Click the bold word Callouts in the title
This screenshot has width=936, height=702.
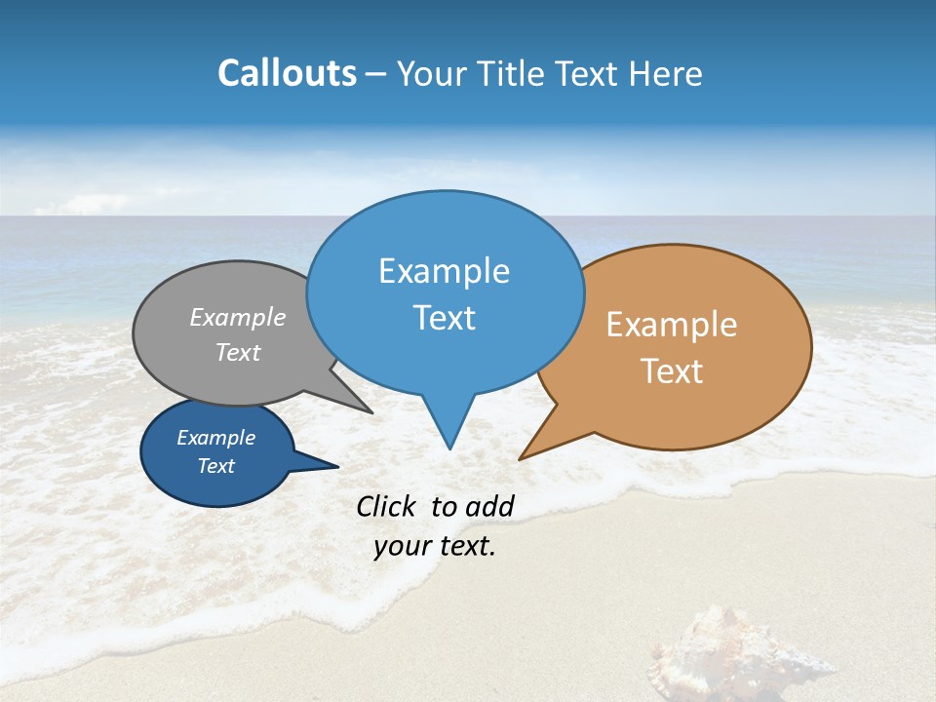tap(287, 73)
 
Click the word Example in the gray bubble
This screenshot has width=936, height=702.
tap(238, 317)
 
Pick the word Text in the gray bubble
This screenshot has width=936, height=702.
tap(238, 352)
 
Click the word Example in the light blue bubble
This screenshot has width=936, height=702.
tap(444, 271)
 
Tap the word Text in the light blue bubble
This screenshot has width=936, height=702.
tap(444, 318)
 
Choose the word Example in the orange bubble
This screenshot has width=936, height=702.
tap(672, 325)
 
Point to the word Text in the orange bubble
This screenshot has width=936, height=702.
tap(672, 370)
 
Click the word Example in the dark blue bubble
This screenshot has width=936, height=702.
tap(215, 438)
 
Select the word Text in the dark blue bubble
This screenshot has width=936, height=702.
tap(215, 466)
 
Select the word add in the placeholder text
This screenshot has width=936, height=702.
tap(489, 506)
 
